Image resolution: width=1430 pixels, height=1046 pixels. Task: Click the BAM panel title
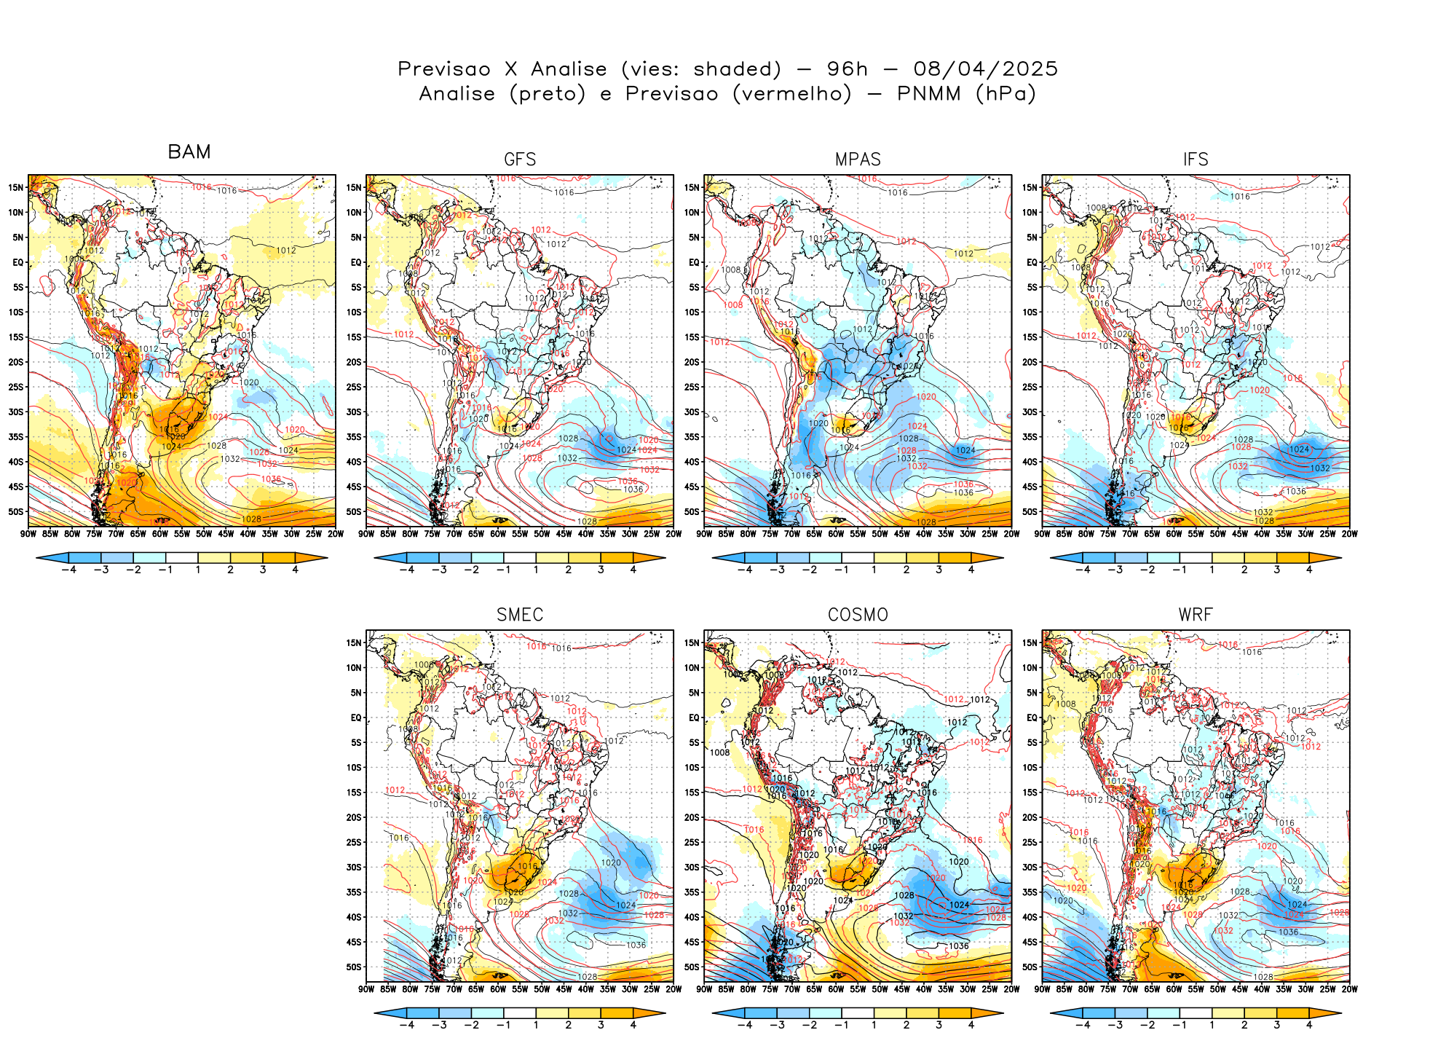189,152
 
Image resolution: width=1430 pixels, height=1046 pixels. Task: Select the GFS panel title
520,160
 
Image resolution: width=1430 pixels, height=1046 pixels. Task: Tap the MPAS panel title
858,160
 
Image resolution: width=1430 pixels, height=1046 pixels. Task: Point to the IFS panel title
1196,160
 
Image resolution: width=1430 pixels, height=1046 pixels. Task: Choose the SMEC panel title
520,615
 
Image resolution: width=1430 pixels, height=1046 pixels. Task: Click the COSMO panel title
858,615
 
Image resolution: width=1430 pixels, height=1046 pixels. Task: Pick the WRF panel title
1196,615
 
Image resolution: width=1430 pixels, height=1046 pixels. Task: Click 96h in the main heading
848,69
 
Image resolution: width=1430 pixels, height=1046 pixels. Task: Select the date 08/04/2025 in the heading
985,69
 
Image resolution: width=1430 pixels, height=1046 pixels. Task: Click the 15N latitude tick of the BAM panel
16,187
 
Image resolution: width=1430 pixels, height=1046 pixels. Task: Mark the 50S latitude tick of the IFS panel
1030,512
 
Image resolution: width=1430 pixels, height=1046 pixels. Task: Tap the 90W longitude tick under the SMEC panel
366,989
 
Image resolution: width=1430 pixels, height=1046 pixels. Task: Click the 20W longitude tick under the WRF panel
1349,989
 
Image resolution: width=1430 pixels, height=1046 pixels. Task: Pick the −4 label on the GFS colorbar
406,570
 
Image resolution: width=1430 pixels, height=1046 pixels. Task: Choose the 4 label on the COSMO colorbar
971,1025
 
